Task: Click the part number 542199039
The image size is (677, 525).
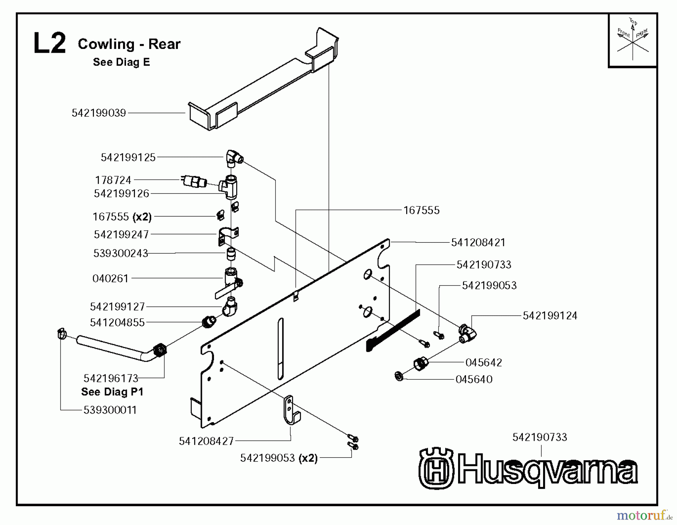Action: [99, 113]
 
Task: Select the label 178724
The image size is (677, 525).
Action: [113, 180]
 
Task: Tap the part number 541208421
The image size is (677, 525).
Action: [478, 243]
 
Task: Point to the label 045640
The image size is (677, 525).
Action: [474, 379]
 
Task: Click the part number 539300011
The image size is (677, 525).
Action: [110, 410]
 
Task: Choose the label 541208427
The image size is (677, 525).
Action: [206, 441]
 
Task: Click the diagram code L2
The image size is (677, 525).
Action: [49, 44]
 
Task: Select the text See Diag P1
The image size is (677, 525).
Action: [112, 392]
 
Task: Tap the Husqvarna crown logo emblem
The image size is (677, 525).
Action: [436, 469]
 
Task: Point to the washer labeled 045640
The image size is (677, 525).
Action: [399, 376]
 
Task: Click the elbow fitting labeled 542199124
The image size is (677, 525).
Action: [468, 333]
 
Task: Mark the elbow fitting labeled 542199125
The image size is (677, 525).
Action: [234, 158]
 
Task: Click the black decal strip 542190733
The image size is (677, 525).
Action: [393, 330]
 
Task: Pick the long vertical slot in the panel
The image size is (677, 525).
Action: [281, 348]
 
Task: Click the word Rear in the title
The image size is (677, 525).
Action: [164, 44]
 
